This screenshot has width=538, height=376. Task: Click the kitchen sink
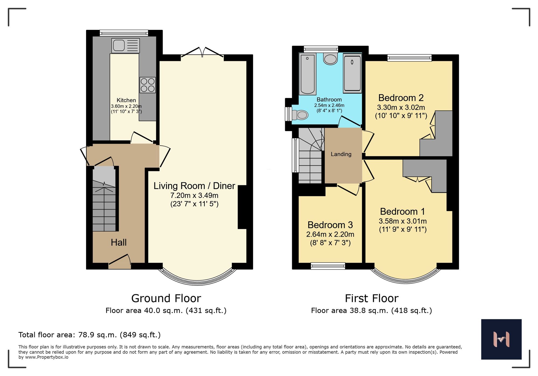(x=125, y=45)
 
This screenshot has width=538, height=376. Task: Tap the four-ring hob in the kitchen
(x=147, y=85)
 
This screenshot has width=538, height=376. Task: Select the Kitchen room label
(x=126, y=100)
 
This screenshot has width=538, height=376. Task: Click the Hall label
(x=119, y=243)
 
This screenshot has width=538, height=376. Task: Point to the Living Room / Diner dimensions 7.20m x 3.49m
(x=194, y=196)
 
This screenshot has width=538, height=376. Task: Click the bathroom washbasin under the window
(x=330, y=59)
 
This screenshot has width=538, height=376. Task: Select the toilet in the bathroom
(x=300, y=115)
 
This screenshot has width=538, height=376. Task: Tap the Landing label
(x=341, y=154)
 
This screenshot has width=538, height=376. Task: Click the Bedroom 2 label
(x=401, y=98)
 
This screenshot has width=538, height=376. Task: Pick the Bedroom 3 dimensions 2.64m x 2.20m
(x=330, y=234)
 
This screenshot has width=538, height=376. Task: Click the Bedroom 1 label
(x=402, y=212)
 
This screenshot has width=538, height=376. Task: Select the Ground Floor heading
(x=166, y=298)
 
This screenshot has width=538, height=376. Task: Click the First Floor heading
(x=371, y=298)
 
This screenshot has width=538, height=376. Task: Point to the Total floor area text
(x=89, y=335)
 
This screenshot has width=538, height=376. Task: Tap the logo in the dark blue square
(x=501, y=339)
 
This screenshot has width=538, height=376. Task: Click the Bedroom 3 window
(x=328, y=266)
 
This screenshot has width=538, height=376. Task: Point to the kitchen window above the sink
(x=124, y=33)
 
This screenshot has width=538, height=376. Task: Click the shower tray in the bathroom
(x=352, y=73)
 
